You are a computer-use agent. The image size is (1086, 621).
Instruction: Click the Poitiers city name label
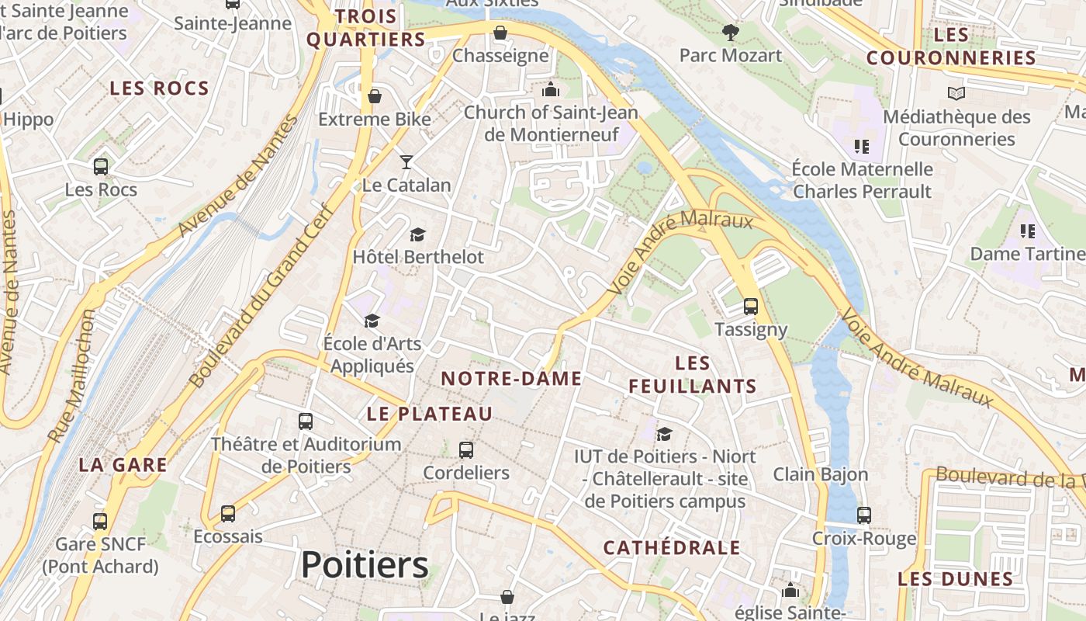(365, 565)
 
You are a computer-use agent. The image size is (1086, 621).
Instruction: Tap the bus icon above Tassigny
(750, 307)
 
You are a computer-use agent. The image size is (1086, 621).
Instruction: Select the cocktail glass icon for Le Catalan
(406, 161)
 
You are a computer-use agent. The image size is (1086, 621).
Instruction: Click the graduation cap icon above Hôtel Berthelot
(417, 234)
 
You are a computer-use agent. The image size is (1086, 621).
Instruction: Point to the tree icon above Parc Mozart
(730, 33)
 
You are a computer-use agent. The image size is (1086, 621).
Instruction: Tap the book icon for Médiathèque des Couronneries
(956, 94)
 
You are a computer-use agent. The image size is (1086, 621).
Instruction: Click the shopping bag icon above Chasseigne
(500, 33)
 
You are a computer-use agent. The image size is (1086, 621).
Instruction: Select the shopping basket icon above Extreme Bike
(375, 96)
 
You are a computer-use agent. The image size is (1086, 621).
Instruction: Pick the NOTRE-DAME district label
(511, 379)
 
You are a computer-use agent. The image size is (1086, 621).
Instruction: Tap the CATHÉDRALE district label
(672, 548)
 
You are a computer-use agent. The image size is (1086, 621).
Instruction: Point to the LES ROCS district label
(159, 88)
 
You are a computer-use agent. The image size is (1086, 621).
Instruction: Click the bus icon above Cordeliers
(465, 449)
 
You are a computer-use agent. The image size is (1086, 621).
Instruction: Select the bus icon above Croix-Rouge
(863, 515)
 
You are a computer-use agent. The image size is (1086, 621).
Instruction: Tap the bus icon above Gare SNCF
(100, 521)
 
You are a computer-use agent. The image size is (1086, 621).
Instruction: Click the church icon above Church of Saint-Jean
(551, 89)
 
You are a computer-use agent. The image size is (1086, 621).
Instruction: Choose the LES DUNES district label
(955, 579)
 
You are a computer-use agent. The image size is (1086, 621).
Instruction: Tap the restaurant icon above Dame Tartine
(1028, 231)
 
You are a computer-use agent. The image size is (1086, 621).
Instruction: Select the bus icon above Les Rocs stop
(101, 166)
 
